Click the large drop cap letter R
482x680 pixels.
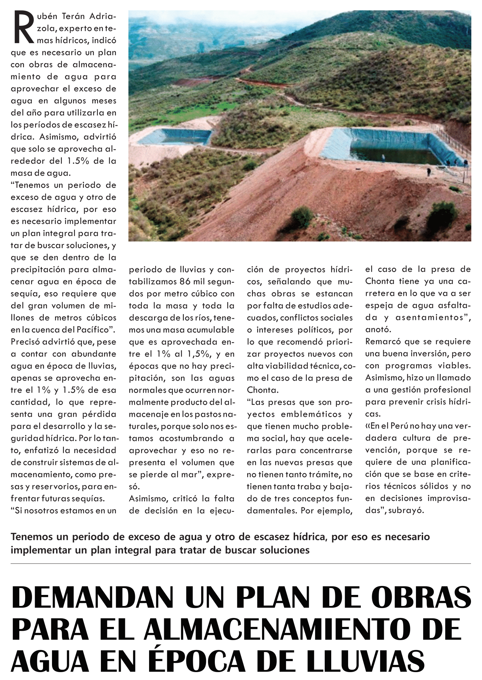[23, 28]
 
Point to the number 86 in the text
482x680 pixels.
[185, 281]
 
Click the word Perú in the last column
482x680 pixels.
[399, 426]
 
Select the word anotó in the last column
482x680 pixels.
[378, 329]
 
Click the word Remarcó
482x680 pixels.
[383, 341]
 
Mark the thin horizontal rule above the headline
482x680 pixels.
[241, 564]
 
